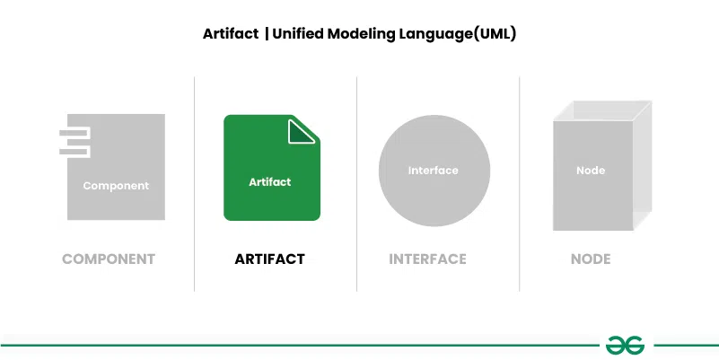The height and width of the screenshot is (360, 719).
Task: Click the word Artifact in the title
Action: click(x=231, y=34)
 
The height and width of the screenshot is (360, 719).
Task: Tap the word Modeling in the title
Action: click(x=356, y=34)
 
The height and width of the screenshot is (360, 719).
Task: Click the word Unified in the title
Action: click(x=298, y=34)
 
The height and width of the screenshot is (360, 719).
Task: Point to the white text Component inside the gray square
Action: click(x=116, y=186)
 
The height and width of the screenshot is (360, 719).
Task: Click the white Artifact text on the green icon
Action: click(x=269, y=182)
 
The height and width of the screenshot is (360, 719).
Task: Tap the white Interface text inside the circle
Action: click(x=433, y=171)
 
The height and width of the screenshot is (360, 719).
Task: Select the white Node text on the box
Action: click(x=591, y=171)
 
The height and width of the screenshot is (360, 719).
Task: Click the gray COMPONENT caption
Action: click(x=109, y=259)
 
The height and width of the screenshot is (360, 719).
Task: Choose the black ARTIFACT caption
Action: click(x=269, y=259)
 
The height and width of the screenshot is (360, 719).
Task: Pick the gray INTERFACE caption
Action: click(x=427, y=259)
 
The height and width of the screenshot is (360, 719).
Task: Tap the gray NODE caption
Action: click(x=591, y=259)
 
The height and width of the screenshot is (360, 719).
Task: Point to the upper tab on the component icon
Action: click(x=75, y=133)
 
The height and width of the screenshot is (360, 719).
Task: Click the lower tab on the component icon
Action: click(x=75, y=152)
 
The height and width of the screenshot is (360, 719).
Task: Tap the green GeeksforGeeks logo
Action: click(x=625, y=345)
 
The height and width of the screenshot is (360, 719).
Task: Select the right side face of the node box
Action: click(x=643, y=165)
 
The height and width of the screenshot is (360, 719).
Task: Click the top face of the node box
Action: click(x=602, y=110)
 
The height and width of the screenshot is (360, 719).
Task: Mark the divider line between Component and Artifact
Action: click(x=195, y=184)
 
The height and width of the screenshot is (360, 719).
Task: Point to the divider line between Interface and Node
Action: click(x=520, y=184)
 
